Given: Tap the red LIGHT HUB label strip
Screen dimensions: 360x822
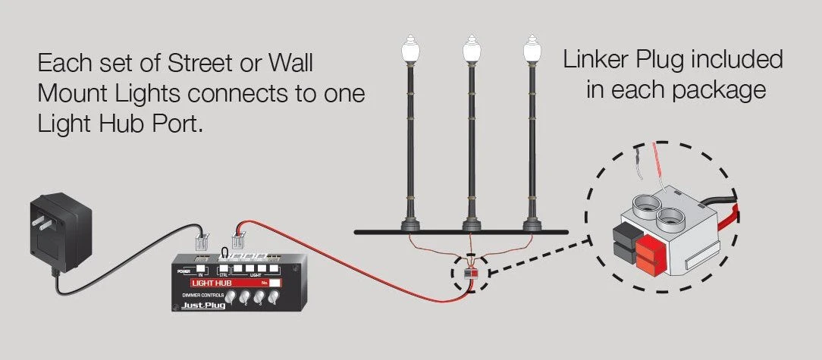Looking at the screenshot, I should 220,283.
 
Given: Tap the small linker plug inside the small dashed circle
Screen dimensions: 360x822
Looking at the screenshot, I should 470,271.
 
